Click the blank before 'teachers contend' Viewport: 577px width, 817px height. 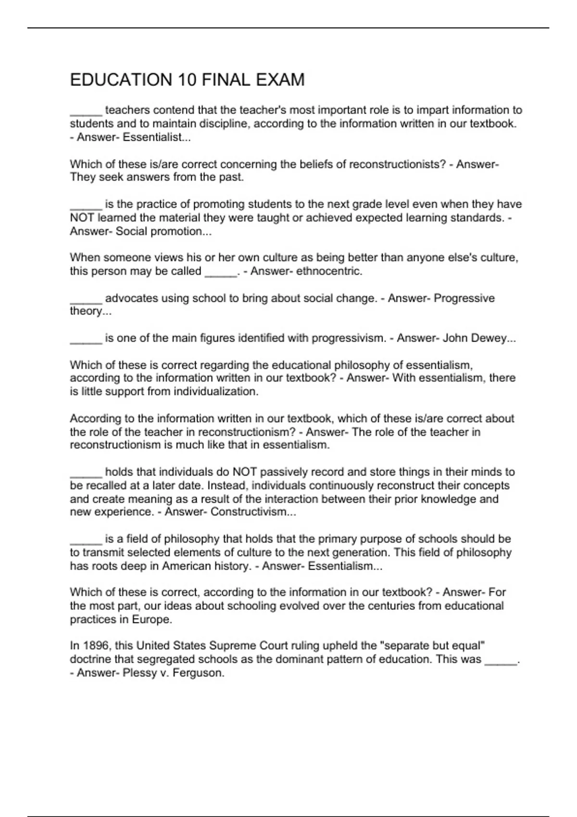point(86,111)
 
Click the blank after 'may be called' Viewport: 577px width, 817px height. point(221,272)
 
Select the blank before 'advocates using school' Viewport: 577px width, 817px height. point(86,299)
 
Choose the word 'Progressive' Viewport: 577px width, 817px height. point(464,298)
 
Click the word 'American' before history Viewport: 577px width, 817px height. point(186,566)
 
